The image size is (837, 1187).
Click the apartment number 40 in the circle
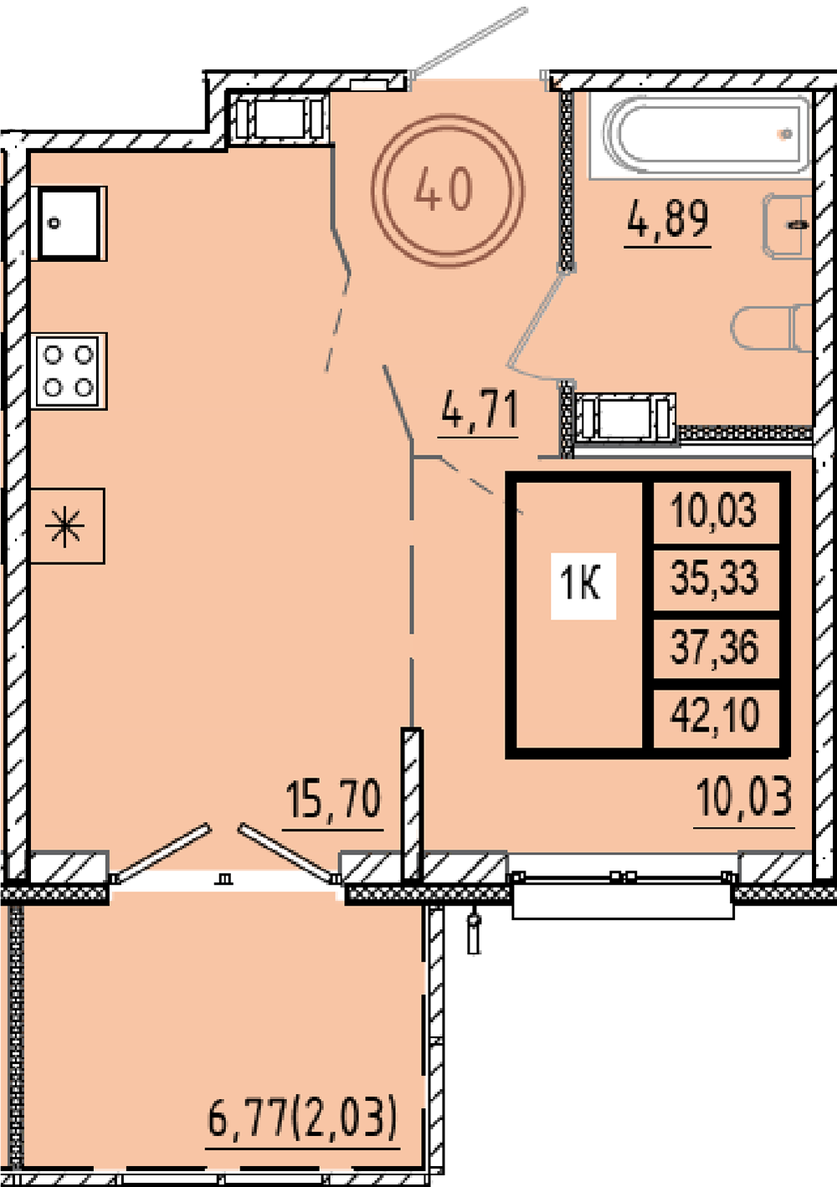(x=443, y=188)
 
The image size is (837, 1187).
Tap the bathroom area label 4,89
(x=667, y=219)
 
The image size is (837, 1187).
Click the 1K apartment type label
(x=581, y=583)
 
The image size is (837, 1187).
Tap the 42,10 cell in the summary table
(x=714, y=716)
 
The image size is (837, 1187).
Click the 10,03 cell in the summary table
(x=713, y=510)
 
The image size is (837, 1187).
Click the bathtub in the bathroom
(x=701, y=136)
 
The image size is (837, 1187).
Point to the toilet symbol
(x=772, y=327)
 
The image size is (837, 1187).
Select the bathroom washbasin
(x=788, y=226)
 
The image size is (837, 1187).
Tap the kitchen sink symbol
(x=69, y=224)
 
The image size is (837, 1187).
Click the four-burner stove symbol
(x=69, y=370)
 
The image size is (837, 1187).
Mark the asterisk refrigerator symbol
(x=67, y=526)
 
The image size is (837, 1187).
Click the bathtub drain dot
(x=786, y=134)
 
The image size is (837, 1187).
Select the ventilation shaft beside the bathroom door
(x=624, y=418)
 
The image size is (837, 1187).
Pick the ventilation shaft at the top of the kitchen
(x=279, y=118)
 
